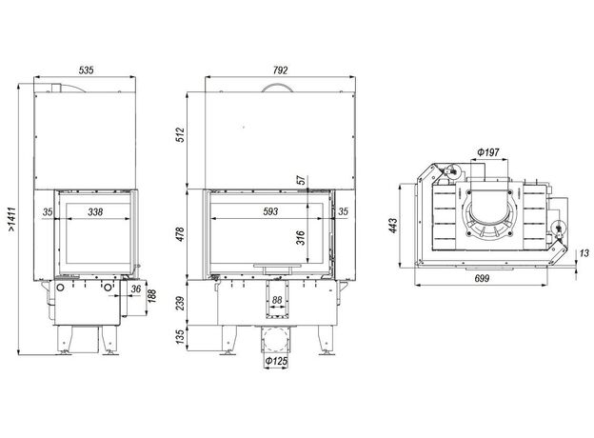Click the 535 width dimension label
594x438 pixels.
86,70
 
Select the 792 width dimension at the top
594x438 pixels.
280,70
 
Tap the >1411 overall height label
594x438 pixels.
11,219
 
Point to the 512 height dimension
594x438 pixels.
181,135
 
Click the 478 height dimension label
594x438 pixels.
181,234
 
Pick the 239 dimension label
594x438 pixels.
181,303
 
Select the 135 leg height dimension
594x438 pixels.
181,337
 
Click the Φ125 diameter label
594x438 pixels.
276,361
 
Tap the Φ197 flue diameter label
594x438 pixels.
488,152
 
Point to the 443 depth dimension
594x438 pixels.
393,226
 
